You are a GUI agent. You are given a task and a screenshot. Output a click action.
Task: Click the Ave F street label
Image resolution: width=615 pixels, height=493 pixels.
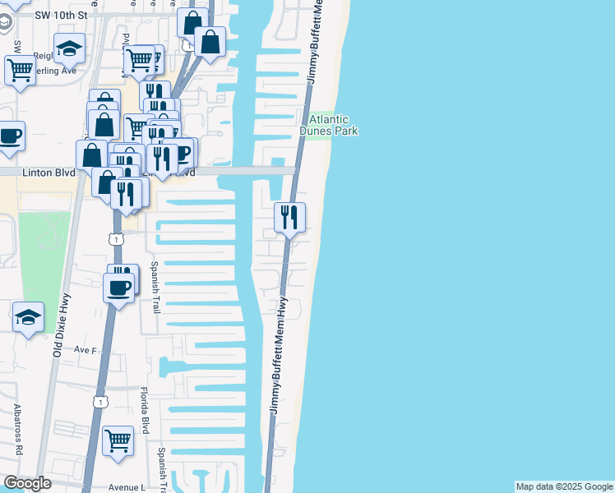tap(86, 350)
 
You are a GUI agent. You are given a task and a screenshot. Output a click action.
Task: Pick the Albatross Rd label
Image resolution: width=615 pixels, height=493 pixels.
tap(17, 431)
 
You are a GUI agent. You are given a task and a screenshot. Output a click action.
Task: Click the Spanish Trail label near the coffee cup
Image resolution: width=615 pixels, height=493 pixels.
tap(154, 288)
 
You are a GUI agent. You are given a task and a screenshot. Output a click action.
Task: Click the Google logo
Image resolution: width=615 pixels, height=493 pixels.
tap(27, 483)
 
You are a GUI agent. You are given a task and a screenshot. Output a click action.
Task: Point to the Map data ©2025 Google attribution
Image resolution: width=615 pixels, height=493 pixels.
tap(564, 486)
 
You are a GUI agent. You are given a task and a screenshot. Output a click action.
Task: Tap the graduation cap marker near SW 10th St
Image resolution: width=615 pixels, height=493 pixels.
tap(69, 49)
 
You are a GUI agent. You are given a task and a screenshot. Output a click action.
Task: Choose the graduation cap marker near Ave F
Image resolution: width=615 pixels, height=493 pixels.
tap(28, 317)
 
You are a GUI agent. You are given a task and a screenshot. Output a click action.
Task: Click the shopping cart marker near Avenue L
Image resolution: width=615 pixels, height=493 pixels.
tap(118, 440)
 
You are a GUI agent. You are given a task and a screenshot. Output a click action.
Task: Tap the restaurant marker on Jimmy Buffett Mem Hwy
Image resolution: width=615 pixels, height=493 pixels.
tap(289, 217)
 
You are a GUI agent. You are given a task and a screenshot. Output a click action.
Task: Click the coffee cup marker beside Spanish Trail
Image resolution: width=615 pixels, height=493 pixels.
tap(119, 288)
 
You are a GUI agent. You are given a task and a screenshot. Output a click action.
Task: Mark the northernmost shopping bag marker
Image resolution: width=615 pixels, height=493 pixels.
tap(193, 23)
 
